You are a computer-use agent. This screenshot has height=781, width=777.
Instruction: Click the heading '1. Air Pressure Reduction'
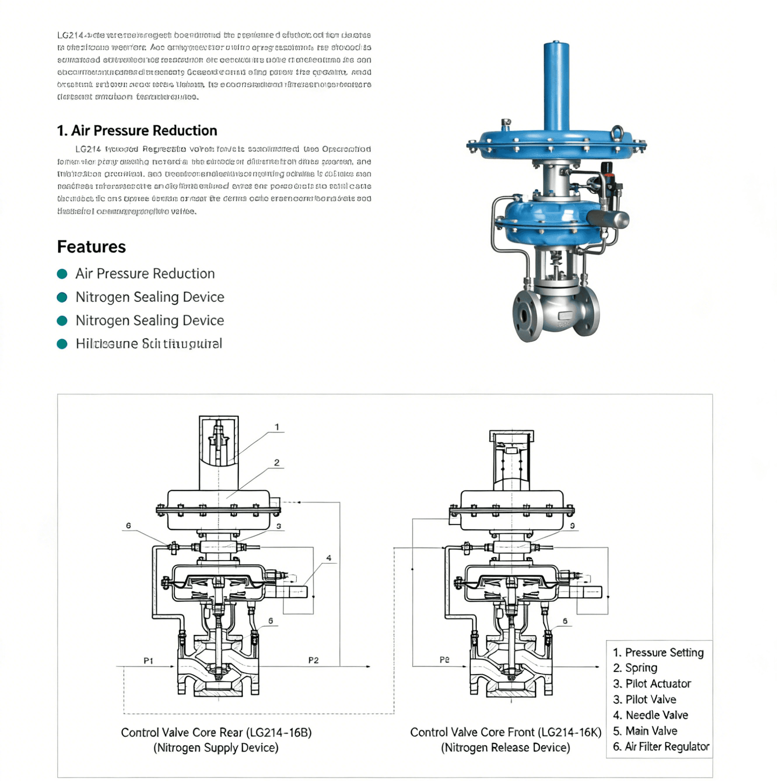click(137, 131)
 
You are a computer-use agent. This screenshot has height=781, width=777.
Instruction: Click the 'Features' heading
click(91, 247)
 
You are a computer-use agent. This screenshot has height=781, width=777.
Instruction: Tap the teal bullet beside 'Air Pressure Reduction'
click(62, 274)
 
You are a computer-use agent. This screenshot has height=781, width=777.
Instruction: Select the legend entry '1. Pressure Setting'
click(658, 653)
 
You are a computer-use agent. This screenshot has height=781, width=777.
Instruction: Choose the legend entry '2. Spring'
click(635, 668)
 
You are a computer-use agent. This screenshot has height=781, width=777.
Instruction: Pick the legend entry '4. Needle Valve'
click(650, 715)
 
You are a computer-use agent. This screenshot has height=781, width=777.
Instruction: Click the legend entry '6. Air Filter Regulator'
click(661, 747)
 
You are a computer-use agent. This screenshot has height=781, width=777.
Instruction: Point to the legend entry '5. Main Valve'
click(645, 731)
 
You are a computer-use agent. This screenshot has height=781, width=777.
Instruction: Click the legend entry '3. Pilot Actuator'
click(652, 684)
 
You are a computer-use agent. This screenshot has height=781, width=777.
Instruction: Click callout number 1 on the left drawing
click(277, 427)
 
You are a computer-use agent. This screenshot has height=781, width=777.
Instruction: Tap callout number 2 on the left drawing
click(277, 462)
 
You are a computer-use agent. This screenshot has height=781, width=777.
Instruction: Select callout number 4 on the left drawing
click(328, 558)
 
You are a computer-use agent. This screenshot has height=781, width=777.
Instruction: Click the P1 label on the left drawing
click(149, 660)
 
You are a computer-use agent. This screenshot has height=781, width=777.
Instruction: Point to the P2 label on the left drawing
click(313, 660)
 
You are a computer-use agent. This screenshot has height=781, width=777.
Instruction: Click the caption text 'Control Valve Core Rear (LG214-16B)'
click(216, 733)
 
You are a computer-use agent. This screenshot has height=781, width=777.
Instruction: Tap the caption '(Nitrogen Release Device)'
click(505, 748)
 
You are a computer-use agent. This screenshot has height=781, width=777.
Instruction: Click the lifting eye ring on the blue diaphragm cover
click(617, 131)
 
